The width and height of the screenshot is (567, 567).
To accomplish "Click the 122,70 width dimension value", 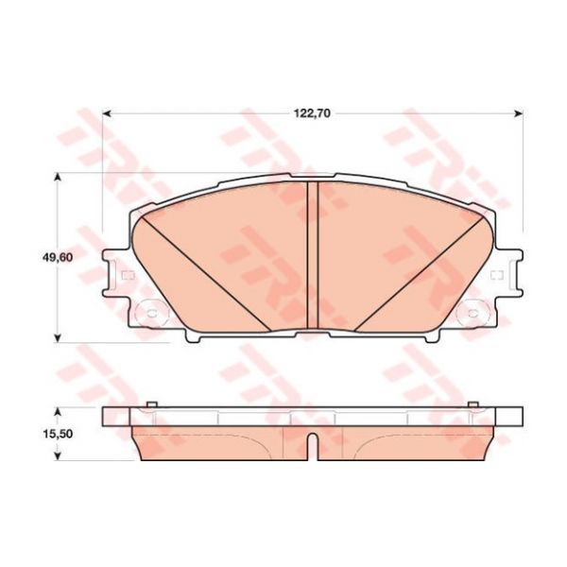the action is click(x=312, y=113).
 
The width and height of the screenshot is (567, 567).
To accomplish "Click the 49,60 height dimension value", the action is click(x=56, y=258).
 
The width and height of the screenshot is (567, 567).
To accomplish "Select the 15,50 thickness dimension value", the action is click(x=58, y=434).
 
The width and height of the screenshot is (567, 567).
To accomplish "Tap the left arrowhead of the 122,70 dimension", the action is click(x=106, y=114).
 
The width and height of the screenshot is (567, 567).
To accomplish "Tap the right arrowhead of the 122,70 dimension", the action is click(x=519, y=114).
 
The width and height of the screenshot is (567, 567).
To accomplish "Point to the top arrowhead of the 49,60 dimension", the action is click(x=57, y=178).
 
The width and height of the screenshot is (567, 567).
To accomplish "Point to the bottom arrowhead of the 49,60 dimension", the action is click(x=57, y=337).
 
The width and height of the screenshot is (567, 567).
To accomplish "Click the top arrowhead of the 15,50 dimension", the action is click(x=57, y=412).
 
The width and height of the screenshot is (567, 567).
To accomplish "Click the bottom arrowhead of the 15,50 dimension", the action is click(x=57, y=456).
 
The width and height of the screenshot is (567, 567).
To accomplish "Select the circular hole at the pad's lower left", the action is click(x=151, y=313).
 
